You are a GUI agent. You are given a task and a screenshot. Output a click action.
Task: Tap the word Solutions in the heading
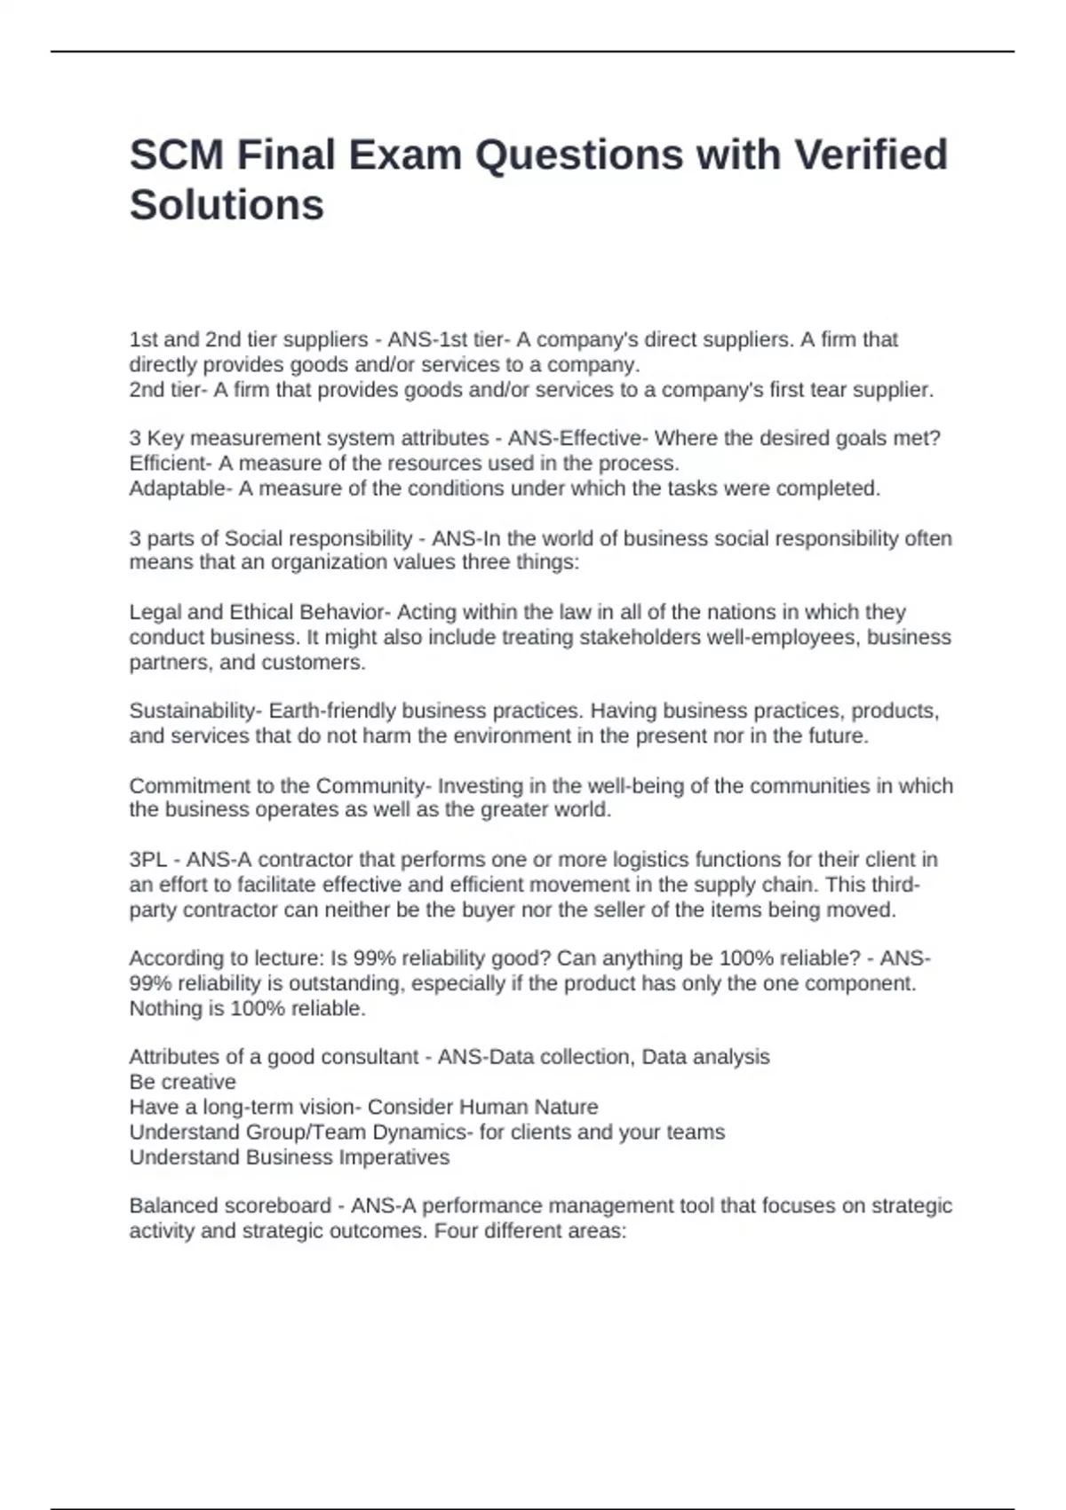(x=227, y=205)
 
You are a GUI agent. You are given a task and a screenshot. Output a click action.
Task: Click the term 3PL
(x=147, y=860)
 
